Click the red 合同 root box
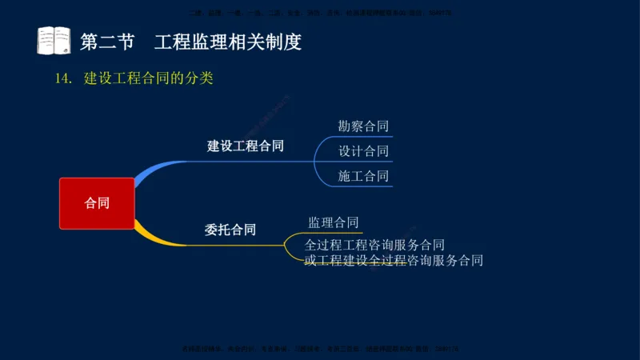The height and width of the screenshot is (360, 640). [x=97, y=203]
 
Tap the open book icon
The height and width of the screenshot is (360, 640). [x=54, y=41]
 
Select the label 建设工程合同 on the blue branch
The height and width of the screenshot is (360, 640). [x=246, y=146]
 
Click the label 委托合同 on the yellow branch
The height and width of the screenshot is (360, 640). [x=230, y=230]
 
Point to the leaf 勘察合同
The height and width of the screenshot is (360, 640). [x=363, y=126]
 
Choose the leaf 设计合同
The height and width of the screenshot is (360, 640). [x=363, y=151]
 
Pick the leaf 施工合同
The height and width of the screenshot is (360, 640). [x=363, y=176]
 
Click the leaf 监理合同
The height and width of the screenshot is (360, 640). [x=333, y=222]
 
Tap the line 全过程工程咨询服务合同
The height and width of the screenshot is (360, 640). [x=374, y=245]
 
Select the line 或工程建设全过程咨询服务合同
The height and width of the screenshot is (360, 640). [x=394, y=260]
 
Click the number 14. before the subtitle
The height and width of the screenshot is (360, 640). [x=64, y=79]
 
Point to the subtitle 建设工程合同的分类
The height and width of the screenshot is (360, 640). [x=149, y=79]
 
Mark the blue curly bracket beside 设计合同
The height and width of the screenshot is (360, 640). [x=318, y=151]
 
